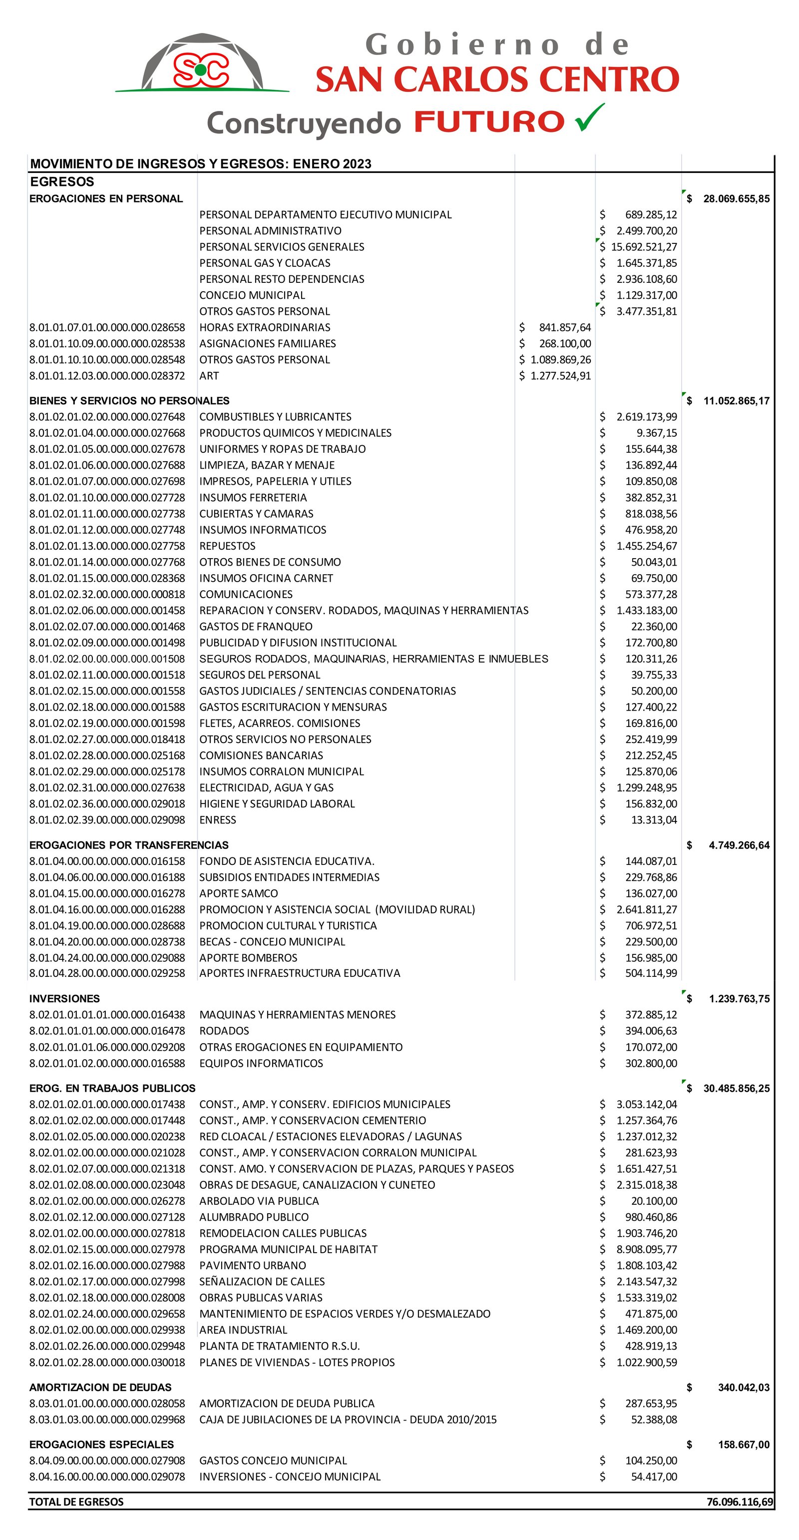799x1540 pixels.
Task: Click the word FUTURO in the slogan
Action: (489, 122)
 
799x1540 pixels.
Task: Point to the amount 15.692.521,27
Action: (644, 247)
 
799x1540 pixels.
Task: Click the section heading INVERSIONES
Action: (64, 999)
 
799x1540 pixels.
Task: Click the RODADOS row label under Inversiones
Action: (224, 1031)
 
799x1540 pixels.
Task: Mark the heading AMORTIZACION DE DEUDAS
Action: (100, 1388)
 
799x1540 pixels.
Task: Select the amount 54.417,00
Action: (654, 1477)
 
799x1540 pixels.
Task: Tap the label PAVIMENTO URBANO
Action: (253, 1266)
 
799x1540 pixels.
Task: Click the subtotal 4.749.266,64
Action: (739, 845)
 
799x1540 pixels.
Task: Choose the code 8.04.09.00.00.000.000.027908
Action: (107, 1461)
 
